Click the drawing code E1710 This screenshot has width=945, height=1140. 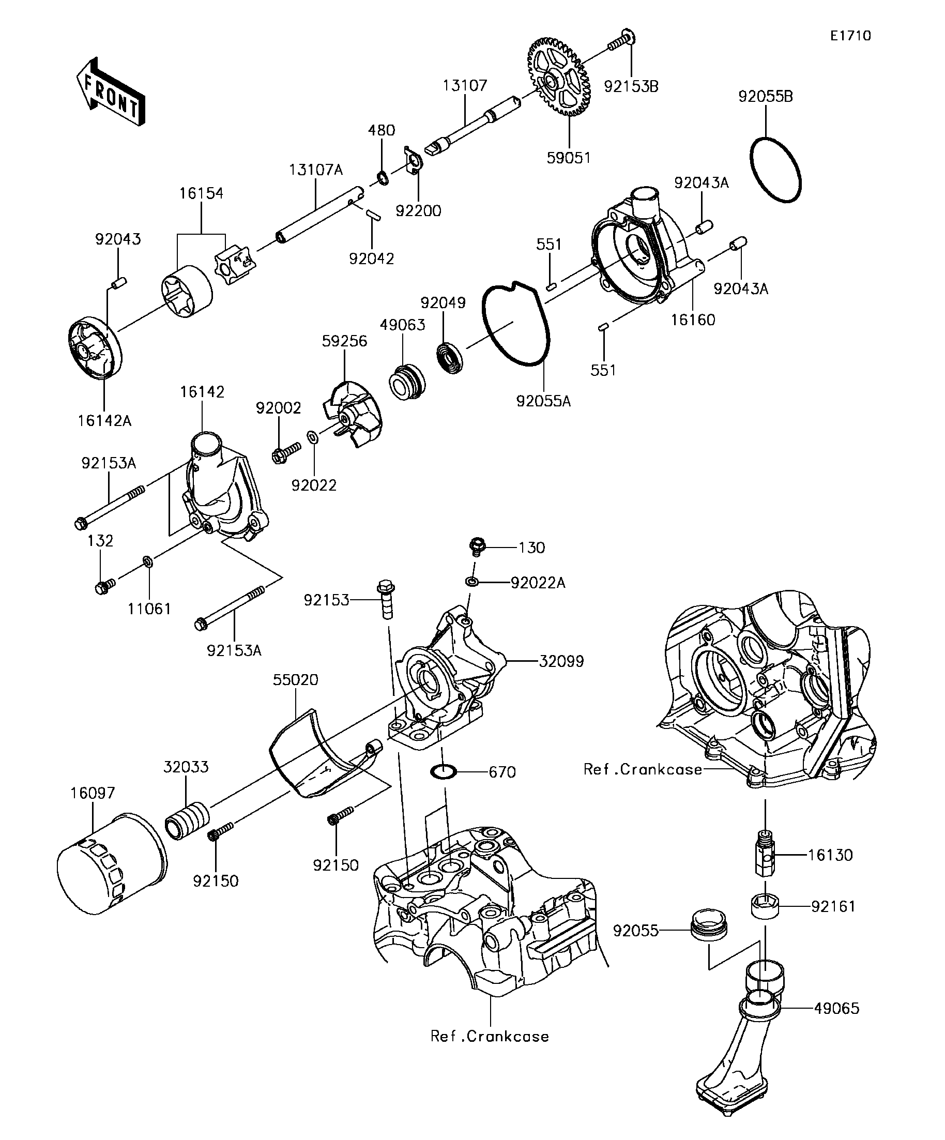[850, 36]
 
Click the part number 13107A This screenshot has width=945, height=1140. [316, 170]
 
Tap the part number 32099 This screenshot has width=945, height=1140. [561, 661]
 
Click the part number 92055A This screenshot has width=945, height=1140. [543, 401]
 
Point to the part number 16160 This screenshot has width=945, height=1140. [693, 320]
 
